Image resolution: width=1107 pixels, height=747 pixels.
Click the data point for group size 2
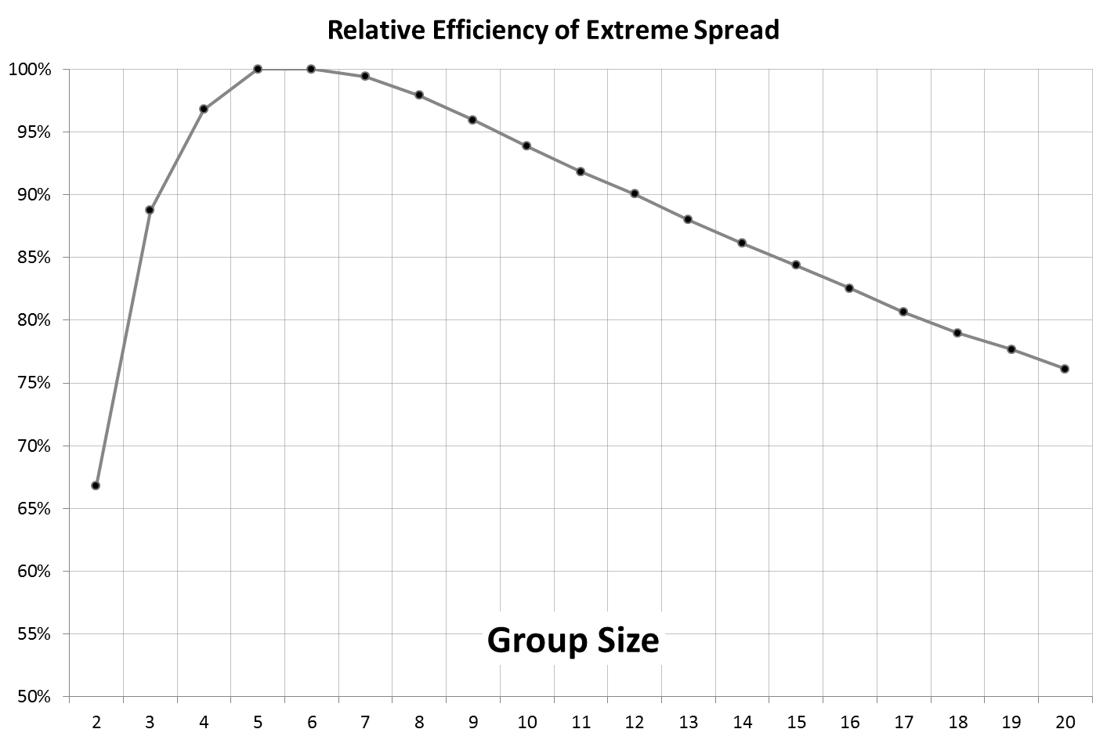click(96, 485)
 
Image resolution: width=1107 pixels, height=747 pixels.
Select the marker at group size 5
click(258, 69)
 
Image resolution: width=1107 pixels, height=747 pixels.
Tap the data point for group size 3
click(150, 210)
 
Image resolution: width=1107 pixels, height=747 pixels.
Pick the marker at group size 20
click(1065, 369)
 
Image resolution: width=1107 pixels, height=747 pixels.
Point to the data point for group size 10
click(526, 146)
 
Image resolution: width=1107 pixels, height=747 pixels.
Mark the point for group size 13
click(688, 219)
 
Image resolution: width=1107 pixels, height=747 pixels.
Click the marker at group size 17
click(903, 312)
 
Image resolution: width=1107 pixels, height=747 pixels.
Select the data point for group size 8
click(419, 95)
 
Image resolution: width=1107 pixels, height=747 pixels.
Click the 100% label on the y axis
click(30, 70)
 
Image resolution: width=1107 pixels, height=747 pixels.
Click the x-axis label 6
click(312, 722)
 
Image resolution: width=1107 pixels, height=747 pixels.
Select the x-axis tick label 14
click(742, 722)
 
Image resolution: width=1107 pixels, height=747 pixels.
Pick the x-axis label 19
click(1011, 722)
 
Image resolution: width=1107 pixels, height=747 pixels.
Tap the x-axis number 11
click(581, 722)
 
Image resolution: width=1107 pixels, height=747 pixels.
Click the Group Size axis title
click(573, 641)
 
